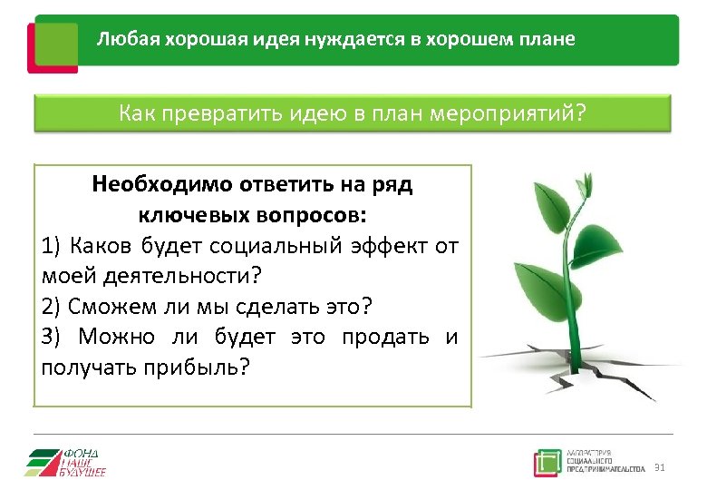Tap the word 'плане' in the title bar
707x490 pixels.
[546, 41]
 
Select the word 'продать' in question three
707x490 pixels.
[386, 337]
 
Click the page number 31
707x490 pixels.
[659, 467]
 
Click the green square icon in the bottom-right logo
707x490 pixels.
[547, 463]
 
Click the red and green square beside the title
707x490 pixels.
[53, 45]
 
